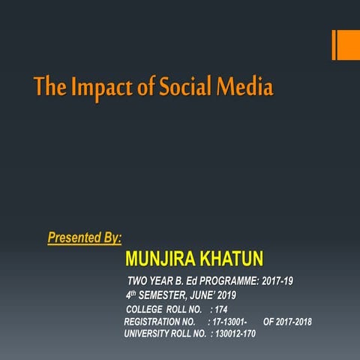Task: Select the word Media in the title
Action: pyautogui.click(x=244, y=88)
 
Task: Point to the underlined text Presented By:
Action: pyautogui.click(x=85, y=238)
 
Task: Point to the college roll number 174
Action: pyautogui.click(x=221, y=310)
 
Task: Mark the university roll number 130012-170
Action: pyautogui.click(x=235, y=333)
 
